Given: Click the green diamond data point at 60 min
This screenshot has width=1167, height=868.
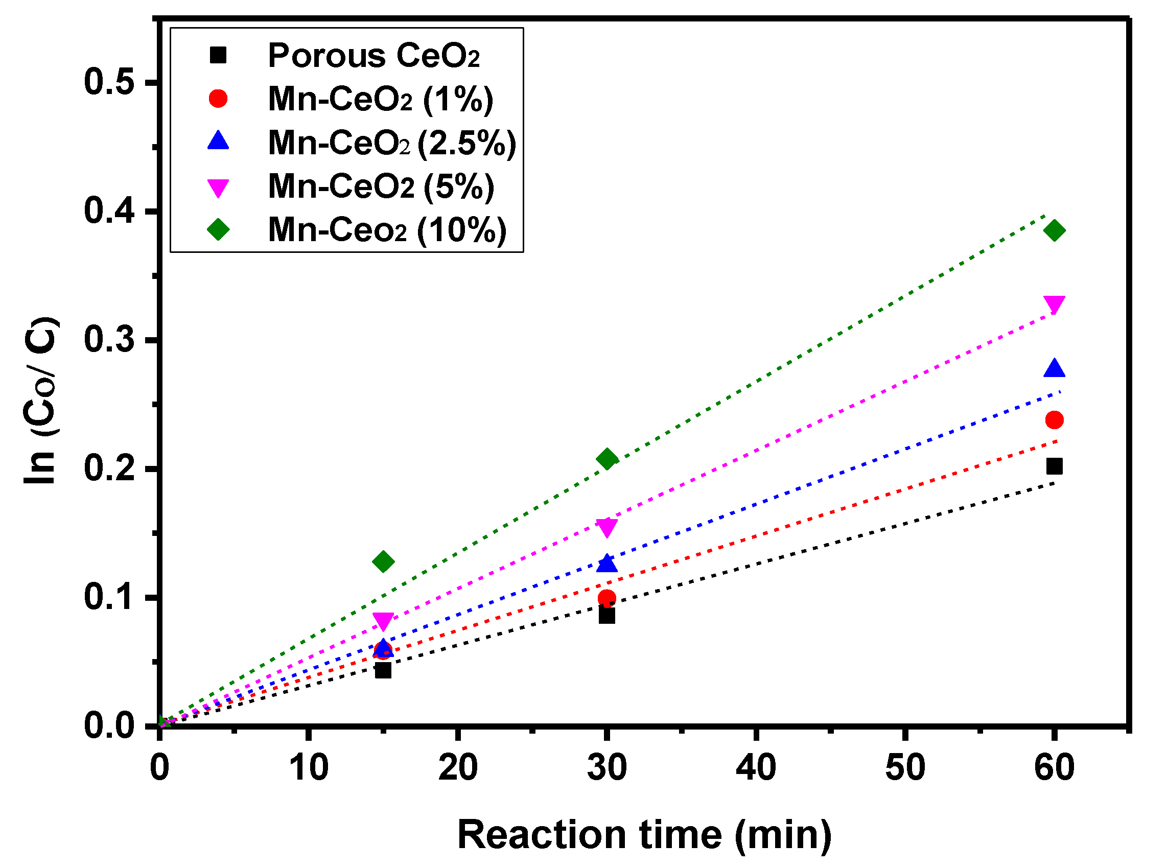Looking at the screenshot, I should click(x=1054, y=230).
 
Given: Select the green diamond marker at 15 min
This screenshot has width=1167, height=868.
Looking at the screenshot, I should click(x=383, y=561).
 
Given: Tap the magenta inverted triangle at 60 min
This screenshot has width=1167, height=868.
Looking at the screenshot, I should click(x=1054, y=303).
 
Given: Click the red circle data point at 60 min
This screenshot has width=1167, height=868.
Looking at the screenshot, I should click(x=1054, y=420).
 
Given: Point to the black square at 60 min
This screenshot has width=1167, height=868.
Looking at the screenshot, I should click(x=1054, y=466).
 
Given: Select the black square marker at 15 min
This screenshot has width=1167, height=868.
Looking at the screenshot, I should click(x=383, y=670).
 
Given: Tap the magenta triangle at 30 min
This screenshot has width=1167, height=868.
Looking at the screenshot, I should click(x=607, y=527).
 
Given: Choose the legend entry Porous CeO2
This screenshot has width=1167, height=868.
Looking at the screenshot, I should click(x=373, y=55).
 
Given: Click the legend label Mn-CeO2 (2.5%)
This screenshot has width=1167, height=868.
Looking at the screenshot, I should click(x=391, y=143).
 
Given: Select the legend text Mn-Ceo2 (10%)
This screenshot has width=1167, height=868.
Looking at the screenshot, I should click(x=387, y=229).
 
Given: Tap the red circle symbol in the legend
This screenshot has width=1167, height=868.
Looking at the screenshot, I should click(x=218, y=99).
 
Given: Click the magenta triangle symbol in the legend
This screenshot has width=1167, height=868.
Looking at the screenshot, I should click(x=218, y=187).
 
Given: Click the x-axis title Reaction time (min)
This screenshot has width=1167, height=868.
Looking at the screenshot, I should click(x=644, y=834).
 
